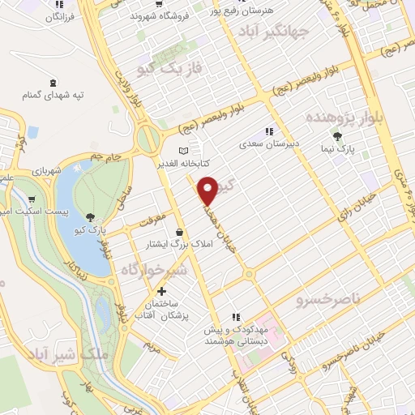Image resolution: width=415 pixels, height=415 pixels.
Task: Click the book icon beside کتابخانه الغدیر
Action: point(184,150)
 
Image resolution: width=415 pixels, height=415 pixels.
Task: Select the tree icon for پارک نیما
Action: point(337,137)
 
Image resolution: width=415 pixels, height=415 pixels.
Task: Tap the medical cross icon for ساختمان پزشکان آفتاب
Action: point(162,291)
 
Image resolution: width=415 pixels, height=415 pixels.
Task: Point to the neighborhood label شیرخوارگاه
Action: point(154,269)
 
